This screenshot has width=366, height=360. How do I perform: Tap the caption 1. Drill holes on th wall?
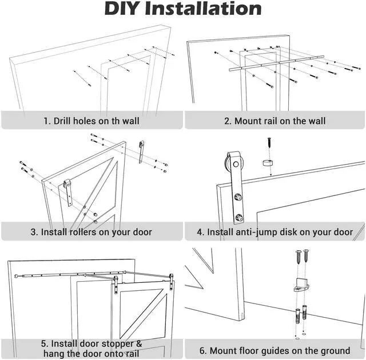tap(91, 121)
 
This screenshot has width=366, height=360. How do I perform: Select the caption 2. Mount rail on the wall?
tap(275, 121)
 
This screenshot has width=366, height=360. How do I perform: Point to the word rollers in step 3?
tap(83, 232)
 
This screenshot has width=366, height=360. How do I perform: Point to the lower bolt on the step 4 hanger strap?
tap(239, 218)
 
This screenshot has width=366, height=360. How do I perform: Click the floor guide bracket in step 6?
tap(303, 283)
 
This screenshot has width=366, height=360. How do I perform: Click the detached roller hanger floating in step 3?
tap(142, 151)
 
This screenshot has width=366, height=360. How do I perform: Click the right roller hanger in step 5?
tap(170, 282)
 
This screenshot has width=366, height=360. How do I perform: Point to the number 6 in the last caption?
tap(202, 350)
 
